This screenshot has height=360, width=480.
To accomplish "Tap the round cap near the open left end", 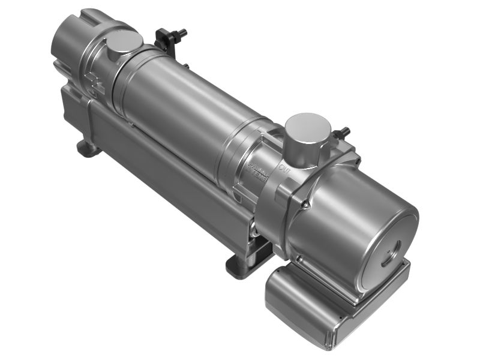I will click(x=124, y=43).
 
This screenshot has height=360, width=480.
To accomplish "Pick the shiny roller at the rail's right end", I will click(x=256, y=228).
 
